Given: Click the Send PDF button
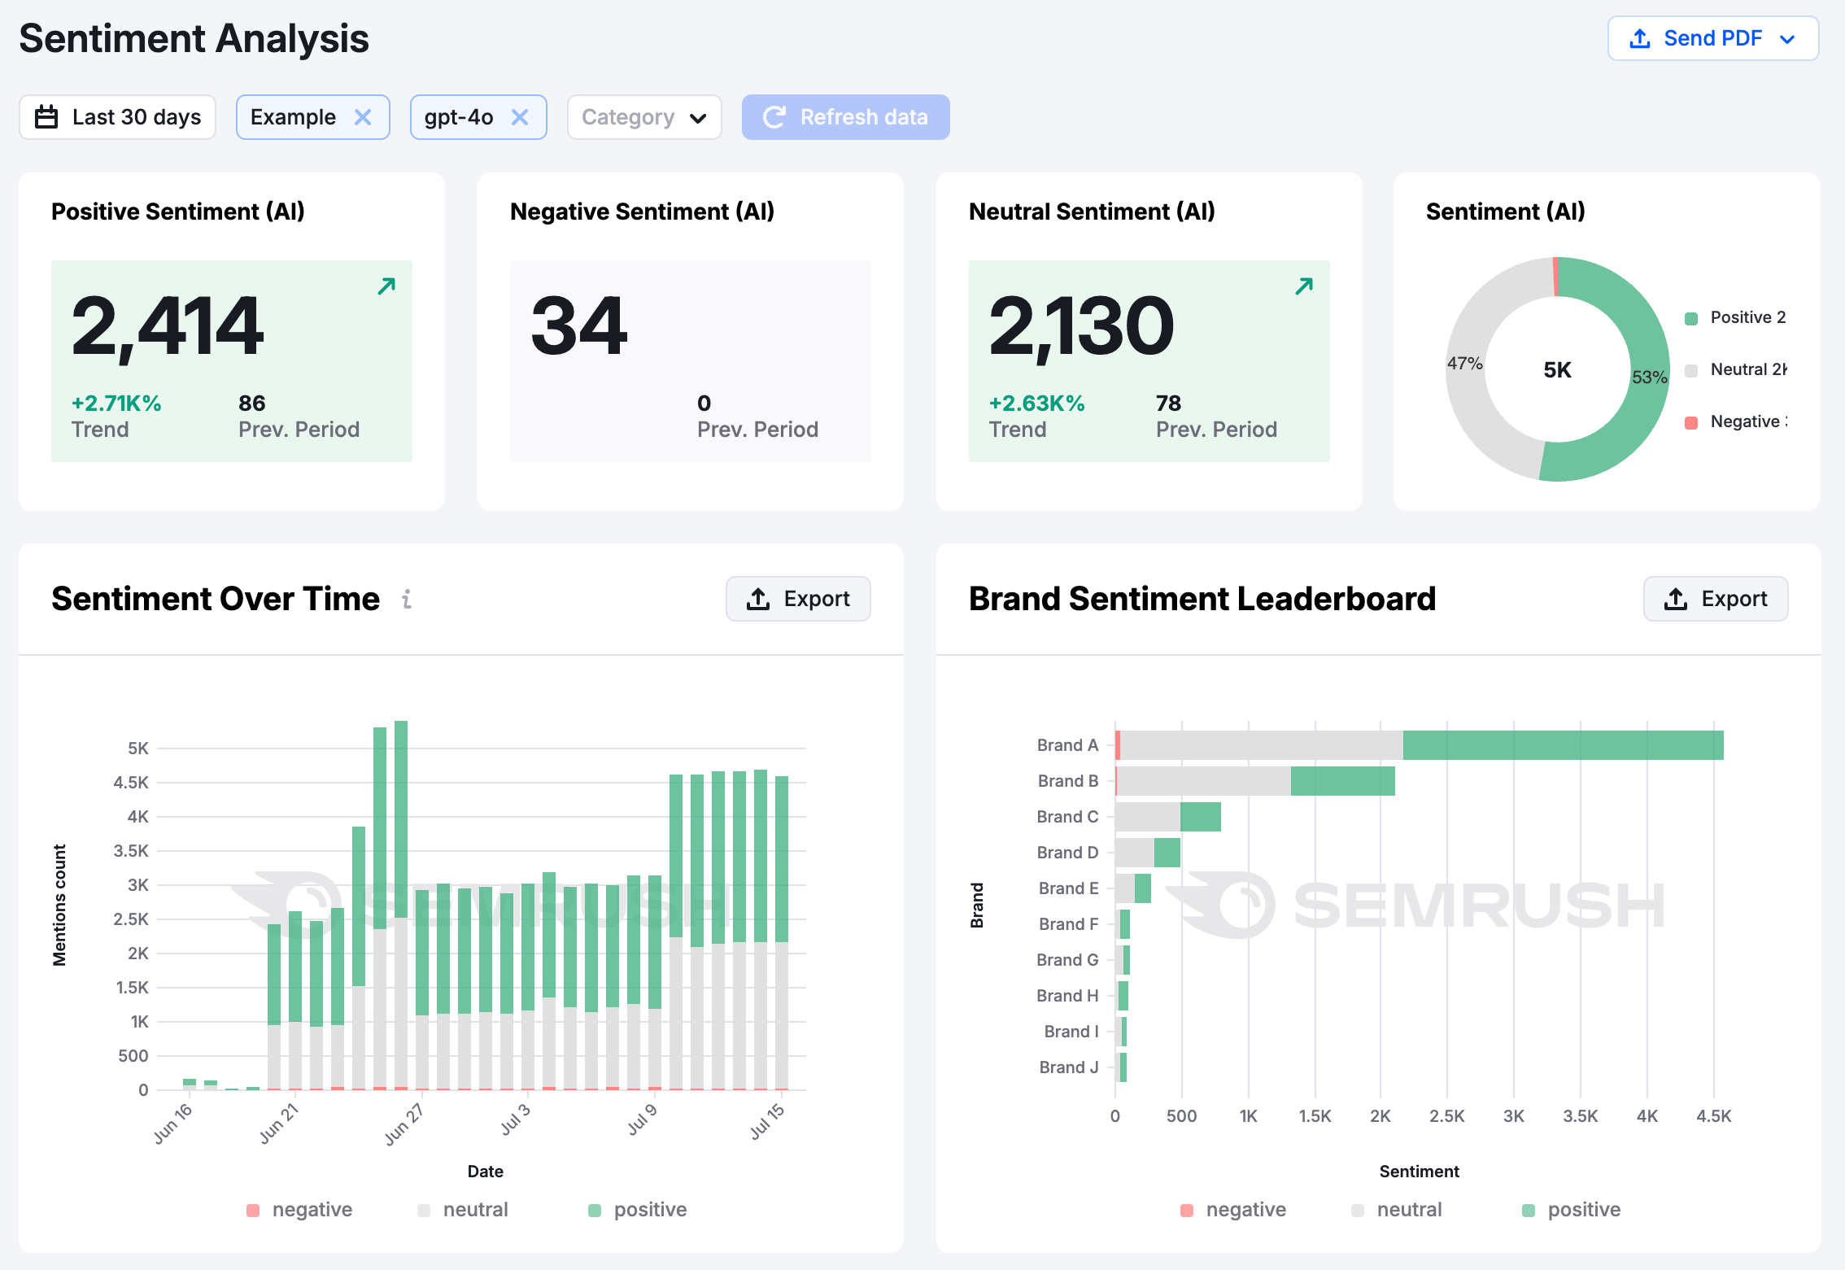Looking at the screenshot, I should point(1712,38).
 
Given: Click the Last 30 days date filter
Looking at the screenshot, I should point(118,117).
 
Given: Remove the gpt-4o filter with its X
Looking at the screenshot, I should point(520,117).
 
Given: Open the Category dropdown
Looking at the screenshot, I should point(643,117).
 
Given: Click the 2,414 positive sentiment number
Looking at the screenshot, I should point(168,326).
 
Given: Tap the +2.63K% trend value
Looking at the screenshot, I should point(1036,404).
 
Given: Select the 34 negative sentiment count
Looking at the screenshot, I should point(579,326).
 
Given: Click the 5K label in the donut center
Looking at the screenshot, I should point(1557,370).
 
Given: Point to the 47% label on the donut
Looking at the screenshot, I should point(1464,364).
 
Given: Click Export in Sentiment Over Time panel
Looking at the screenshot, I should point(798,599).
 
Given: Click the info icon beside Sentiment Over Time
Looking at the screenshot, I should point(407,600).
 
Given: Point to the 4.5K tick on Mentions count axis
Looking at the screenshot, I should point(131,783).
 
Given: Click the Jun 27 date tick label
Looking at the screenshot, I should point(404,1124).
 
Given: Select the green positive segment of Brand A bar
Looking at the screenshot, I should point(1562,745).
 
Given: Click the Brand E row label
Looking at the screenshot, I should point(1068,888).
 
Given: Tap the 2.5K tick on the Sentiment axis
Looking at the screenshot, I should point(1446,1116).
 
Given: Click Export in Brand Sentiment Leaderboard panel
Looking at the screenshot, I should point(1716,599).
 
